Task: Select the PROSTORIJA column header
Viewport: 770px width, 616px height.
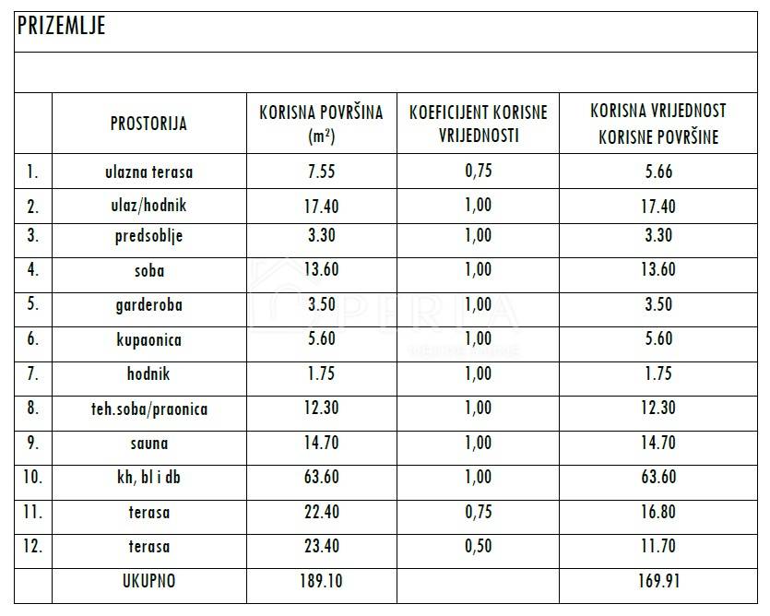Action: [148, 124]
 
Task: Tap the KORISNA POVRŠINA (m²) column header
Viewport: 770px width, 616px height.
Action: [321, 124]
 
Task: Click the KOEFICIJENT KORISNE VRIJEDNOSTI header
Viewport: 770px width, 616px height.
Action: [478, 124]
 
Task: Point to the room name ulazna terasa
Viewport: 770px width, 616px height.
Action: [148, 172]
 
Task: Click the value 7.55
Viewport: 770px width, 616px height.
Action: [322, 172]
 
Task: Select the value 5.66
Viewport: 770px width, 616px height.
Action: [657, 172]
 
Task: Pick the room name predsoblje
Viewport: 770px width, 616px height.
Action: [148, 235]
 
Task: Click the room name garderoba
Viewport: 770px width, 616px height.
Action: [148, 305]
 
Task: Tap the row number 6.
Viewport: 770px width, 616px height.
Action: [33, 339]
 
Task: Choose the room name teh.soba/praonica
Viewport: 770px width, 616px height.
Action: [148, 409]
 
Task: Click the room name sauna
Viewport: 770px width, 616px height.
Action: [148, 444]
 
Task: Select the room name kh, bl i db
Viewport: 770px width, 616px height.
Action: [148, 478]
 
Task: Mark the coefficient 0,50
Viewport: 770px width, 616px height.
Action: [478, 547]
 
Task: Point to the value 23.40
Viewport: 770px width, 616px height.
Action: [322, 547]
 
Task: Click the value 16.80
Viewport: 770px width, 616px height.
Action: [657, 513]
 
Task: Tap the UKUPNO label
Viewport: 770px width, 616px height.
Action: [148, 582]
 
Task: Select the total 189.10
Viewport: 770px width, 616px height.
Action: [322, 582]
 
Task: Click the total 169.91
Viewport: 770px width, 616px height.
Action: [657, 582]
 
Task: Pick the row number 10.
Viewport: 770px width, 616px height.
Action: [33, 478]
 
